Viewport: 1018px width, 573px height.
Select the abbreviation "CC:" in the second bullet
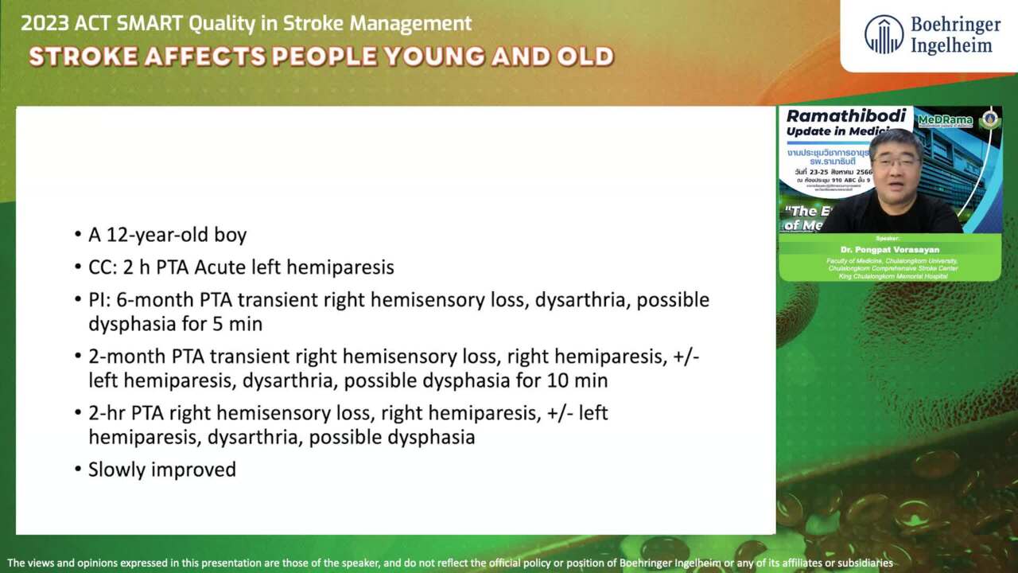[103, 267]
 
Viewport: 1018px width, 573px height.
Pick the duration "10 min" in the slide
[577, 380]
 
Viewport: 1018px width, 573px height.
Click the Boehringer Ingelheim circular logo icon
[884, 35]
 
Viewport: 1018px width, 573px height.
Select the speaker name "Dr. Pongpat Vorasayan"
[889, 249]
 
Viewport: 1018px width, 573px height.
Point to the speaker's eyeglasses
[895, 162]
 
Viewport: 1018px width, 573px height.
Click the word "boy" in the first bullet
[231, 235]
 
